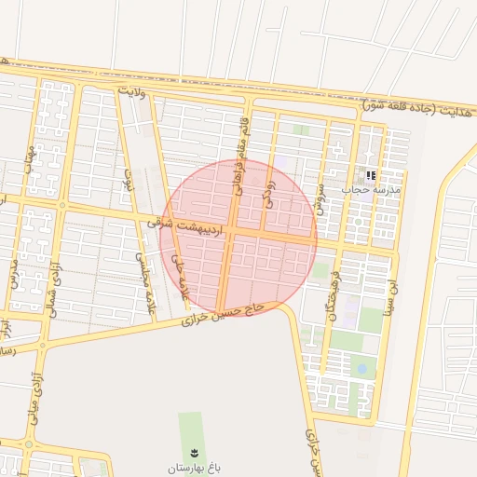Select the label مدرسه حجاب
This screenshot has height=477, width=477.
pos(370,189)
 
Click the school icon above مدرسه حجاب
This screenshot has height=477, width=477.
pos(371,174)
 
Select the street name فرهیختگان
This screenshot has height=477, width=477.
pos(334,288)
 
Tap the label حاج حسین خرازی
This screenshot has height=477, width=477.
pos(224,314)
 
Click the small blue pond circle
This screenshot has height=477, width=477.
pos(361,369)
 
